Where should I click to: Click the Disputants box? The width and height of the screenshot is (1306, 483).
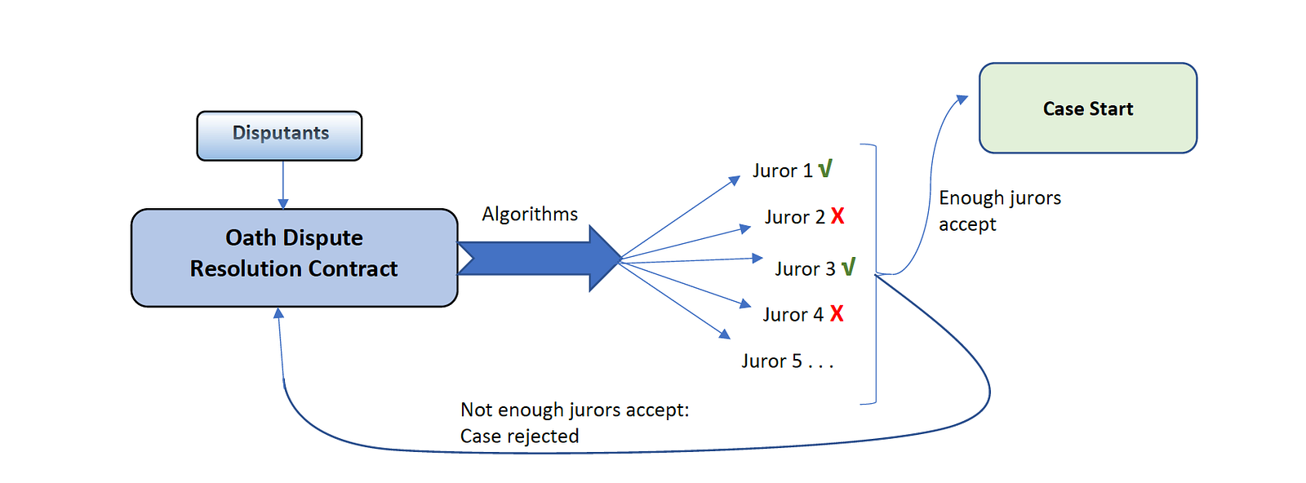tap(279, 135)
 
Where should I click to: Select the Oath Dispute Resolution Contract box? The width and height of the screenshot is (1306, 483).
tap(294, 258)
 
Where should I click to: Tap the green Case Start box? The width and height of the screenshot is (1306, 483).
tap(1087, 109)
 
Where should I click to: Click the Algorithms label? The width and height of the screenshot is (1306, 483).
tap(530, 214)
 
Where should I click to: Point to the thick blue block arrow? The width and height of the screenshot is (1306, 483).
tap(539, 259)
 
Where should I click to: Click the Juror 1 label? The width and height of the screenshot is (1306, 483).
tap(782, 171)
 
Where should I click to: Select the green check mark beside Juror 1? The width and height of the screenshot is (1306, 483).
tap(825, 169)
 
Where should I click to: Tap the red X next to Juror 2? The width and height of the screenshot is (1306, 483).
tap(837, 216)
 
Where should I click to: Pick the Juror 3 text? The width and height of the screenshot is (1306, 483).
tap(805, 269)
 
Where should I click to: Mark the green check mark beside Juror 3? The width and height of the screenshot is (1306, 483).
tap(848, 267)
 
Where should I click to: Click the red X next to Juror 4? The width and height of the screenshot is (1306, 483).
tap(837, 313)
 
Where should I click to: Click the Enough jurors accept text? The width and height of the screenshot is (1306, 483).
tap(999, 210)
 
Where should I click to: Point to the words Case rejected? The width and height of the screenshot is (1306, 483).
tap(519, 436)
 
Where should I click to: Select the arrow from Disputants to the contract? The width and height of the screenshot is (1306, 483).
tap(283, 184)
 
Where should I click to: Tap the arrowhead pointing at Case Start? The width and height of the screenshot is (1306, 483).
tap(962, 100)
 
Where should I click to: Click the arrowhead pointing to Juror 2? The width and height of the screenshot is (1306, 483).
tap(745, 228)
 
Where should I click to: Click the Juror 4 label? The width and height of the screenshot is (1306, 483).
tap(793, 315)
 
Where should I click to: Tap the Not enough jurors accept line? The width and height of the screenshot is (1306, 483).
tap(575, 410)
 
